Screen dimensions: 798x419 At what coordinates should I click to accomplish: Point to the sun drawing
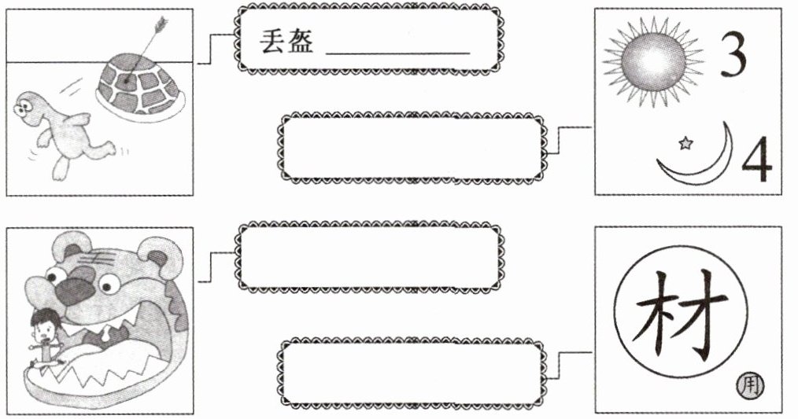pyautogui.click(x=652, y=63)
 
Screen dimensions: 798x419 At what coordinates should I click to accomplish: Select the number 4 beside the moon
pyautogui.click(x=756, y=160)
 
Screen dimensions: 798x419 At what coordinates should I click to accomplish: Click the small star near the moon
pyautogui.click(x=685, y=143)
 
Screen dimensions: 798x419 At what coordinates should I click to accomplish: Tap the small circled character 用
pyautogui.click(x=751, y=384)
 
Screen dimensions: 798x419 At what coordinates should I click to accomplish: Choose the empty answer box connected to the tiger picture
pyautogui.click(x=371, y=256)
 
